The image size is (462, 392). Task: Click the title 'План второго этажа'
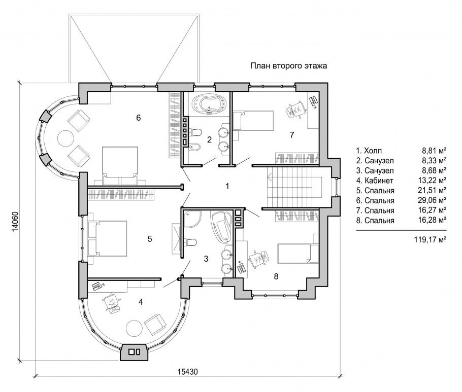point(288,66)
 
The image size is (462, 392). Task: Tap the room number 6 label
point(139,118)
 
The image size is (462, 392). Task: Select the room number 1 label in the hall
point(227,186)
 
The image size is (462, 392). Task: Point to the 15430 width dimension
point(188,372)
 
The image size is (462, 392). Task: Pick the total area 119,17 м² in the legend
point(431,239)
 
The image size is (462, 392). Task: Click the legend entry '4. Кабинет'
point(375,181)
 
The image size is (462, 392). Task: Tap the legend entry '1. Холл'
point(369,151)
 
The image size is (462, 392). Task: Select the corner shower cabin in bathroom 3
point(192,219)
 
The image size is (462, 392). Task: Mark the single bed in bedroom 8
point(298,253)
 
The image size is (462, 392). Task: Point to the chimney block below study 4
point(134,351)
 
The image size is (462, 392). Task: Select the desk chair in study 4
point(112,303)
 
